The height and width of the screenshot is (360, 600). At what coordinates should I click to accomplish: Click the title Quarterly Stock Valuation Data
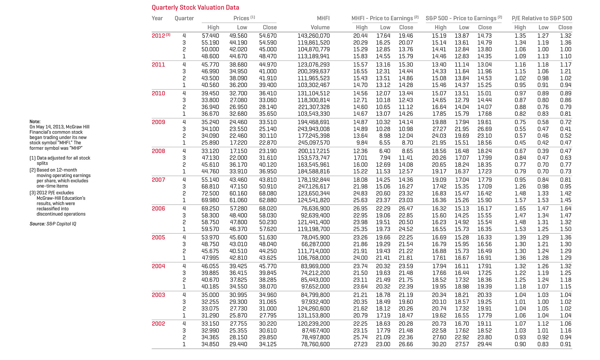pyautogui.click(x=195, y=8)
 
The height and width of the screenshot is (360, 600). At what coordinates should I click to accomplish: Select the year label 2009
pyautogui.click(x=158, y=122)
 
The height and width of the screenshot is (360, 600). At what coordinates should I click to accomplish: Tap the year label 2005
pyautogui.click(x=158, y=237)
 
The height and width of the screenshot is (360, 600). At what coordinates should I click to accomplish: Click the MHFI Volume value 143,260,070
pyautogui.click(x=313, y=36)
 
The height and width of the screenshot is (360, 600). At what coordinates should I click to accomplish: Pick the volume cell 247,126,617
pyautogui.click(x=313, y=187)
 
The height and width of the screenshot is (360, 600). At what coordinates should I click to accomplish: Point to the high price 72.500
pyautogui.click(x=210, y=193)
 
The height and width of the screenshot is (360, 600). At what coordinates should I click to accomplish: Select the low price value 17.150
pyautogui.click(x=238, y=151)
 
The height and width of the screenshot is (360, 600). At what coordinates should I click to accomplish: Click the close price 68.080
pyautogui.click(x=268, y=193)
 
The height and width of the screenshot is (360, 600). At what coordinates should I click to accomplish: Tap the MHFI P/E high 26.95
pyautogui.click(x=360, y=208)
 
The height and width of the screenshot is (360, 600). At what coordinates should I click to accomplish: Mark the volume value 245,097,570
pyautogui.click(x=313, y=143)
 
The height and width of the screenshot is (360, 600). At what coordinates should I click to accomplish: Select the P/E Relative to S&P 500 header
pyautogui.click(x=542, y=18)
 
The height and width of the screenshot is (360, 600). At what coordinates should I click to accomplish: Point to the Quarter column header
pyautogui.click(x=184, y=18)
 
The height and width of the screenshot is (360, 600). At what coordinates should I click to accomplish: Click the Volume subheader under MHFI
pyautogui.click(x=320, y=27)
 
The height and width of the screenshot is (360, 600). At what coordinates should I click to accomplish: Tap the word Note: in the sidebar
pyautogui.click(x=35, y=122)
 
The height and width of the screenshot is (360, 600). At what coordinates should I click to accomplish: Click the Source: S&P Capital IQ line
pyautogui.click(x=53, y=224)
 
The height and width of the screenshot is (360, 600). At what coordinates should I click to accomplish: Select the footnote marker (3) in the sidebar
pyautogui.click(x=33, y=193)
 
